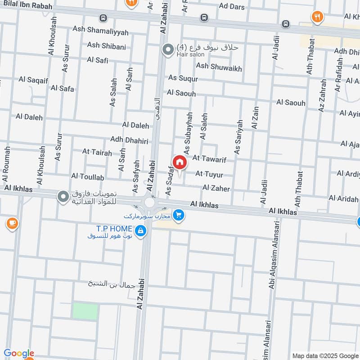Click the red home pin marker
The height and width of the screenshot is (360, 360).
coord(179,162)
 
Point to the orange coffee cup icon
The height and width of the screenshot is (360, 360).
coord(12,223)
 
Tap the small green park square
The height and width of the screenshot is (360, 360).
coord(85,311)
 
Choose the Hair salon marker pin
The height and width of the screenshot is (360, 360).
coord(168,49)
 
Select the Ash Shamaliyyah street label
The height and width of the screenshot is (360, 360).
coord(100,32)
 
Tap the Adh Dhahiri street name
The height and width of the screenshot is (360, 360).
coord(129,140)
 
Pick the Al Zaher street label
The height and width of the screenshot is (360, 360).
coord(216,188)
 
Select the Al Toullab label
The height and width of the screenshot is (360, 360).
coord(87,177)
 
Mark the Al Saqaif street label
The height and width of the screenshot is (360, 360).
coord(33,80)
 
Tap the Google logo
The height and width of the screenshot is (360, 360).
coord(19,353)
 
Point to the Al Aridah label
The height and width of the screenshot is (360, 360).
coord(344,198)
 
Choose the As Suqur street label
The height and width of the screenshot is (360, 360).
coord(183,78)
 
